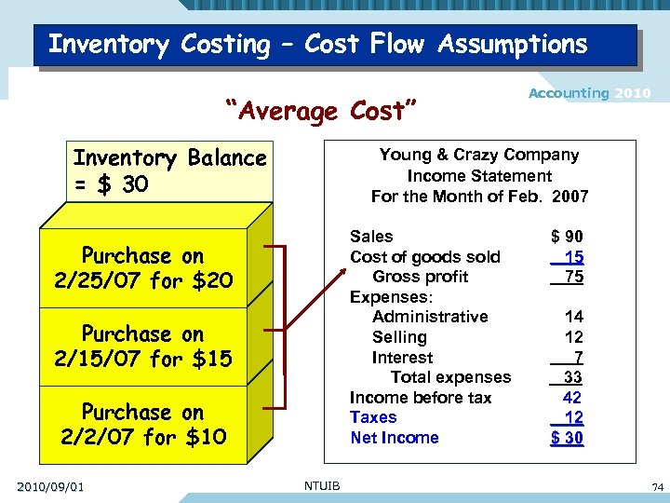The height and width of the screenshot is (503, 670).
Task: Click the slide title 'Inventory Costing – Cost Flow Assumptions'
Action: coord(317,44)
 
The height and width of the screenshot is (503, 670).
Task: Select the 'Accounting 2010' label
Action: coord(590,93)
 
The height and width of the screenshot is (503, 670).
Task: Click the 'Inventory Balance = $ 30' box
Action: coord(170,171)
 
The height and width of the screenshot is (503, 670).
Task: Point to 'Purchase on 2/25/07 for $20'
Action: coord(143,267)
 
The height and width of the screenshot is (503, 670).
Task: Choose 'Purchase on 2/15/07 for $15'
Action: coord(143,346)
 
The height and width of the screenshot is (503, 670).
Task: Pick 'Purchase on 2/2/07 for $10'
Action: coord(143,424)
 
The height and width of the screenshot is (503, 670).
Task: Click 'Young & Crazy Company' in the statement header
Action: coord(479,155)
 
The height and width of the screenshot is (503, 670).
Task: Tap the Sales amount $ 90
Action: coord(567,238)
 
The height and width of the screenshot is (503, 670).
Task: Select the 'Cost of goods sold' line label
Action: coord(424,257)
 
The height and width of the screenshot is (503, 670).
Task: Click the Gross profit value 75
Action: coord(574,277)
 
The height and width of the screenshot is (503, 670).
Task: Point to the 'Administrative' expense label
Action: coord(430,317)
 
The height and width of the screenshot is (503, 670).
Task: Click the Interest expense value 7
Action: coord(578,358)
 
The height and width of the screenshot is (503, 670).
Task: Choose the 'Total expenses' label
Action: coord(450,377)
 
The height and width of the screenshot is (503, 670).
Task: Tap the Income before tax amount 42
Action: coord(574,398)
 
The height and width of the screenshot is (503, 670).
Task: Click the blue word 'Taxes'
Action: coord(373,417)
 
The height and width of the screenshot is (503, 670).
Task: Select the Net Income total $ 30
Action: coord(567,438)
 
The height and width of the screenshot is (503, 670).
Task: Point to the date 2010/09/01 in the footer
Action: coord(49,486)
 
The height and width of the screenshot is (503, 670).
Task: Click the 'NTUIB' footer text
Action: coord(322,484)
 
